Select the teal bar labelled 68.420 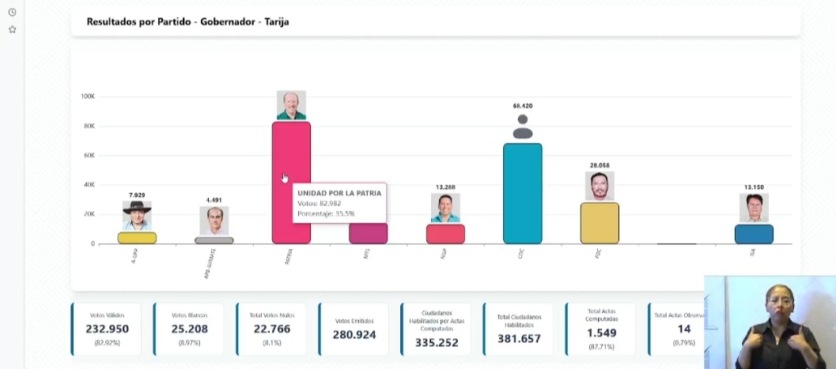click(522, 193)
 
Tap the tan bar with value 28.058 click(600, 223)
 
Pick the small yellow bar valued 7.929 click(137, 238)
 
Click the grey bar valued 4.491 click(214, 240)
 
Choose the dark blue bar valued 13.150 click(754, 234)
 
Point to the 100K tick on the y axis click(87, 96)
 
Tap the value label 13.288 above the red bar click(445, 187)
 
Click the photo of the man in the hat click(137, 215)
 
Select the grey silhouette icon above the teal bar click(522, 126)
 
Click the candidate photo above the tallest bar click(291, 105)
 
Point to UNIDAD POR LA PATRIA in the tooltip click(339, 193)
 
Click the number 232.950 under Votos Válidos click(108, 329)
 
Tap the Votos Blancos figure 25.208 click(189, 329)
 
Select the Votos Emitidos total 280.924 click(354, 335)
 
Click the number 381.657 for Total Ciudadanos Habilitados click(520, 338)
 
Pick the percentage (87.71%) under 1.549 click(601, 346)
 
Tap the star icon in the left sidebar click(12, 29)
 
